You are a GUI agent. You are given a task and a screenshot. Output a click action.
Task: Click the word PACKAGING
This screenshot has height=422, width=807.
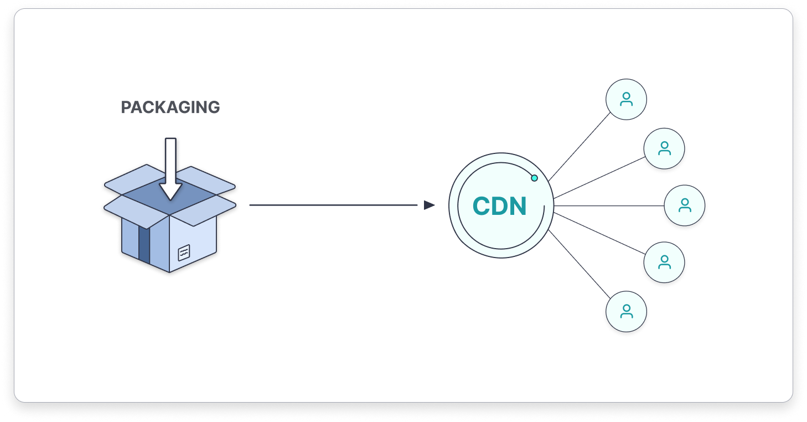(x=170, y=107)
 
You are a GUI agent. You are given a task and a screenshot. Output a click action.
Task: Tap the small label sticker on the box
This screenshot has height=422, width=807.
(x=184, y=253)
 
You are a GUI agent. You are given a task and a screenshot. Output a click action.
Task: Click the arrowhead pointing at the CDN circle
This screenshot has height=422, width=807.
(x=429, y=205)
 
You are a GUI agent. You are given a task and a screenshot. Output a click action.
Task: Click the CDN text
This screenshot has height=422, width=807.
(x=499, y=207)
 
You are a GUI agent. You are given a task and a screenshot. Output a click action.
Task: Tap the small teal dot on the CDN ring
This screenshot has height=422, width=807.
(x=534, y=178)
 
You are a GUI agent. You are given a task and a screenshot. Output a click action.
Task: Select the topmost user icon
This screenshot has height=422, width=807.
(x=626, y=100)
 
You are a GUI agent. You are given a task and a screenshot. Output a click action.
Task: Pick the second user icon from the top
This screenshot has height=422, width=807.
(x=664, y=148)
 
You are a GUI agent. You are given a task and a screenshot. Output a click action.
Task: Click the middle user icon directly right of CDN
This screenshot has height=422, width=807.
(x=685, y=205)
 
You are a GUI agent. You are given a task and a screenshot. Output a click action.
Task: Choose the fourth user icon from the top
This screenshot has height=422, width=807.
(x=664, y=263)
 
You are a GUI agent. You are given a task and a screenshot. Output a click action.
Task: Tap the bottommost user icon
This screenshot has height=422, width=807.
(x=626, y=311)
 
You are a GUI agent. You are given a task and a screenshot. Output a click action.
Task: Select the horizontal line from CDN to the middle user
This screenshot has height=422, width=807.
(x=609, y=205)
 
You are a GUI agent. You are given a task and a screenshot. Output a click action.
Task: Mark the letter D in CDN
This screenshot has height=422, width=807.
(x=499, y=207)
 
